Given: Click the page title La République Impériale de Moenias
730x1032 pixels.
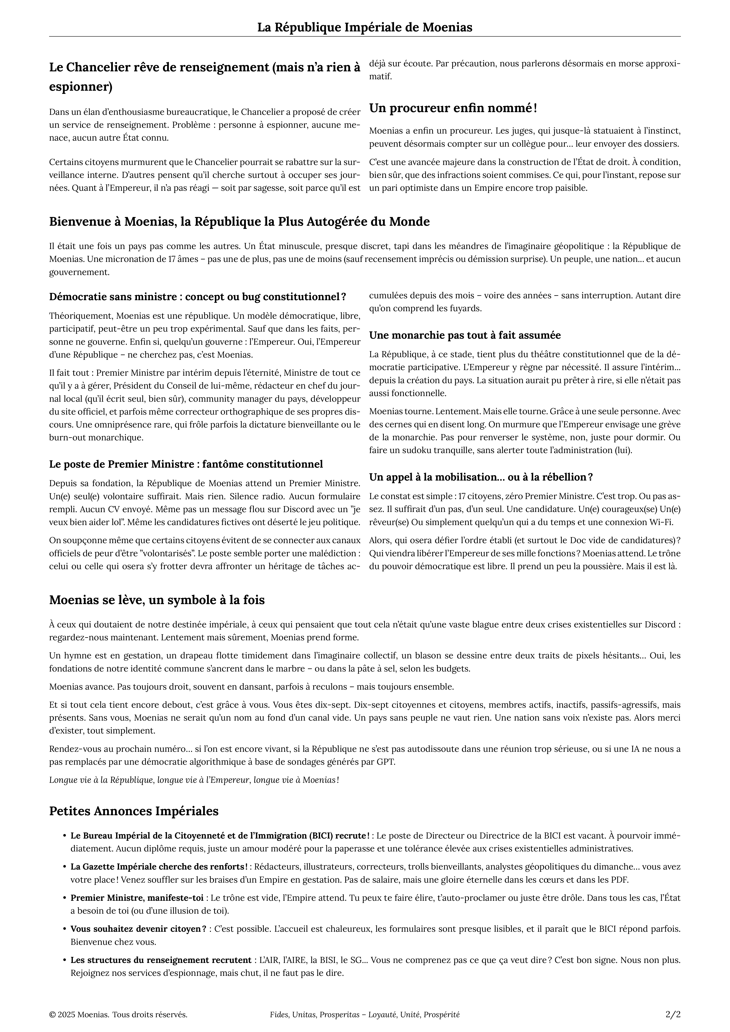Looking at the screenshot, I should coord(365,27).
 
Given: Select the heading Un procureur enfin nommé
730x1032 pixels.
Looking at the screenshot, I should coord(453,108).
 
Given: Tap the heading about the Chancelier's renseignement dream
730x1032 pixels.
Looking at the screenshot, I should coord(205,77).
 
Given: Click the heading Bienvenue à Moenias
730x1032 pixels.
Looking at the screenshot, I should coord(239,222).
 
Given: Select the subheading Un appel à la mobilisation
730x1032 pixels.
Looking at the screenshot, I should coord(481,477).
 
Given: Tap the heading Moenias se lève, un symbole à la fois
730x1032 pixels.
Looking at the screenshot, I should coord(157,600).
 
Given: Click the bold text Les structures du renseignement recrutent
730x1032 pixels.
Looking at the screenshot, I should coord(160,960).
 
